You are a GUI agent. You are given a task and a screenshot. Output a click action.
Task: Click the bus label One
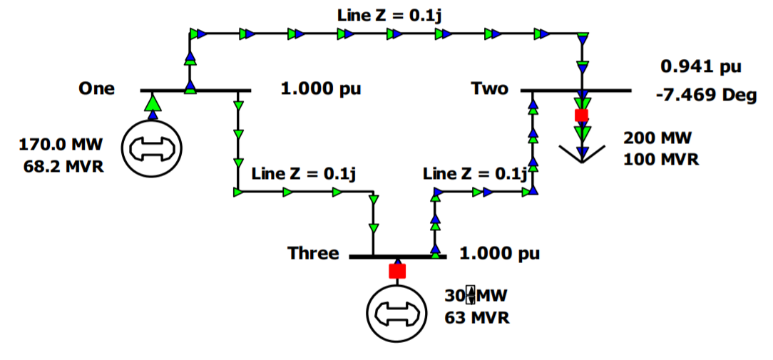point(97,89)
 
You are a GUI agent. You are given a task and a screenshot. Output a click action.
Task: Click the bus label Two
point(490,89)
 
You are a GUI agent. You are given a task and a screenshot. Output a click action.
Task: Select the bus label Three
point(313,253)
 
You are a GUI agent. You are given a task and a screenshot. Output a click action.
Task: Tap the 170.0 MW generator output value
point(61,145)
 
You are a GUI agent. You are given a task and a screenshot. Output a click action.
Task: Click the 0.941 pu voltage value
point(701,67)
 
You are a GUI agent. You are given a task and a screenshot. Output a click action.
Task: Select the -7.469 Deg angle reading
point(706,95)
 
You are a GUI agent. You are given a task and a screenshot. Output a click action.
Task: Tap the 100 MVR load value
point(661,158)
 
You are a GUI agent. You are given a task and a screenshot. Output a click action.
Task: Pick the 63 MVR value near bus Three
point(477,317)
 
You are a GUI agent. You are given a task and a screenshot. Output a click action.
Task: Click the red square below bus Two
point(582,115)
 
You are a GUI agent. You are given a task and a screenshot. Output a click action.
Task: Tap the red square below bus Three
point(397,271)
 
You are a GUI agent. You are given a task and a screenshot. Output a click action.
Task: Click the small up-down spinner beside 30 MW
point(470,294)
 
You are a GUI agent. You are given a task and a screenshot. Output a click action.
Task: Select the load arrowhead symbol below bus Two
point(582,153)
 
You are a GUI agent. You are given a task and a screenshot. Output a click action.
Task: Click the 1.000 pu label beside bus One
point(321,89)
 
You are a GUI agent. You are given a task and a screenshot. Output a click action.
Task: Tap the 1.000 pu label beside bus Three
point(499,253)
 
